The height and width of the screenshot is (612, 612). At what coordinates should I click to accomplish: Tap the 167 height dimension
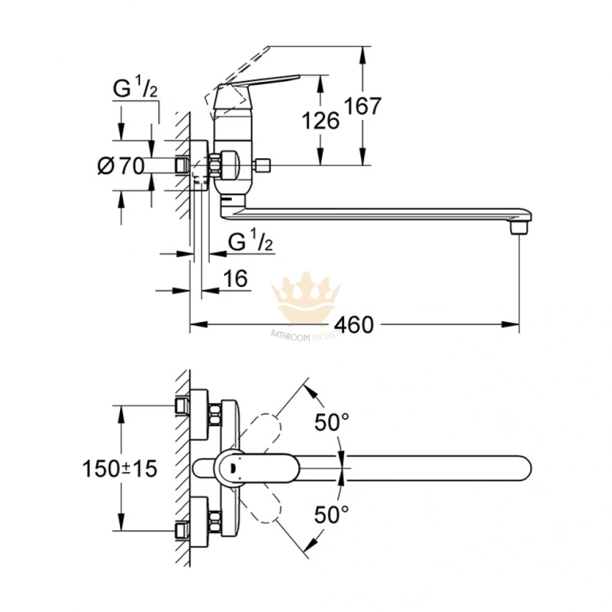(x=363, y=107)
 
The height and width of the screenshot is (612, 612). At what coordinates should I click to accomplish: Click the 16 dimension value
(x=236, y=278)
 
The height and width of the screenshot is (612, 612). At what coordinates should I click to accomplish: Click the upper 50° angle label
(x=332, y=423)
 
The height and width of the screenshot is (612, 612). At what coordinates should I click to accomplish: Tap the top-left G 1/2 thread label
(x=135, y=90)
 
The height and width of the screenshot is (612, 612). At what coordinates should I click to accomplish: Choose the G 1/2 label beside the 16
(x=251, y=242)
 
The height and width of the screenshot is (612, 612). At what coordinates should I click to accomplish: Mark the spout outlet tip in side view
(x=519, y=228)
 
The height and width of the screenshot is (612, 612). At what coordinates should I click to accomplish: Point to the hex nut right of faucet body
(x=264, y=167)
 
